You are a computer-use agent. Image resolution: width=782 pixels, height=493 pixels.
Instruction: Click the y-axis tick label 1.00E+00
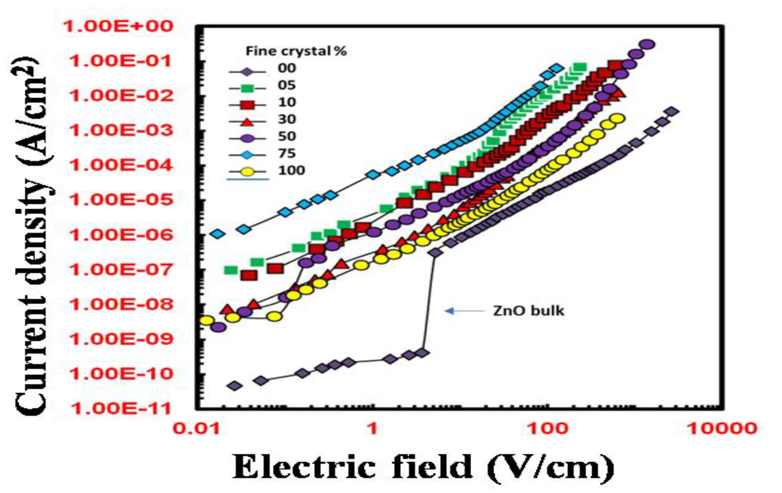click(x=118, y=27)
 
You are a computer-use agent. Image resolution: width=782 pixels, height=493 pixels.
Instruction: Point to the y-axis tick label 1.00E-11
click(x=121, y=409)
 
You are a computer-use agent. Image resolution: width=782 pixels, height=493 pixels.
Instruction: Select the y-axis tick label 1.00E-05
click(x=121, y=200)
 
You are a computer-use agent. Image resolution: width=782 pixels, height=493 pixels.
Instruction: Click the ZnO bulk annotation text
click(x=529, y=311)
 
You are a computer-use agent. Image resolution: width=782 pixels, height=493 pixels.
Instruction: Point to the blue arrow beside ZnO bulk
click(x=463, y=311)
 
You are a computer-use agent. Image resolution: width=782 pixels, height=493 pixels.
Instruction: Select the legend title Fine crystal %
click(x=296, y=52)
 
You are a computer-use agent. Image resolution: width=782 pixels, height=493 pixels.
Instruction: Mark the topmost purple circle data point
click(x=647, y=44)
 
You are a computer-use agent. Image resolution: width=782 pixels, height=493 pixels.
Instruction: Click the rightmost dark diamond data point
click(x=671, y=112)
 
